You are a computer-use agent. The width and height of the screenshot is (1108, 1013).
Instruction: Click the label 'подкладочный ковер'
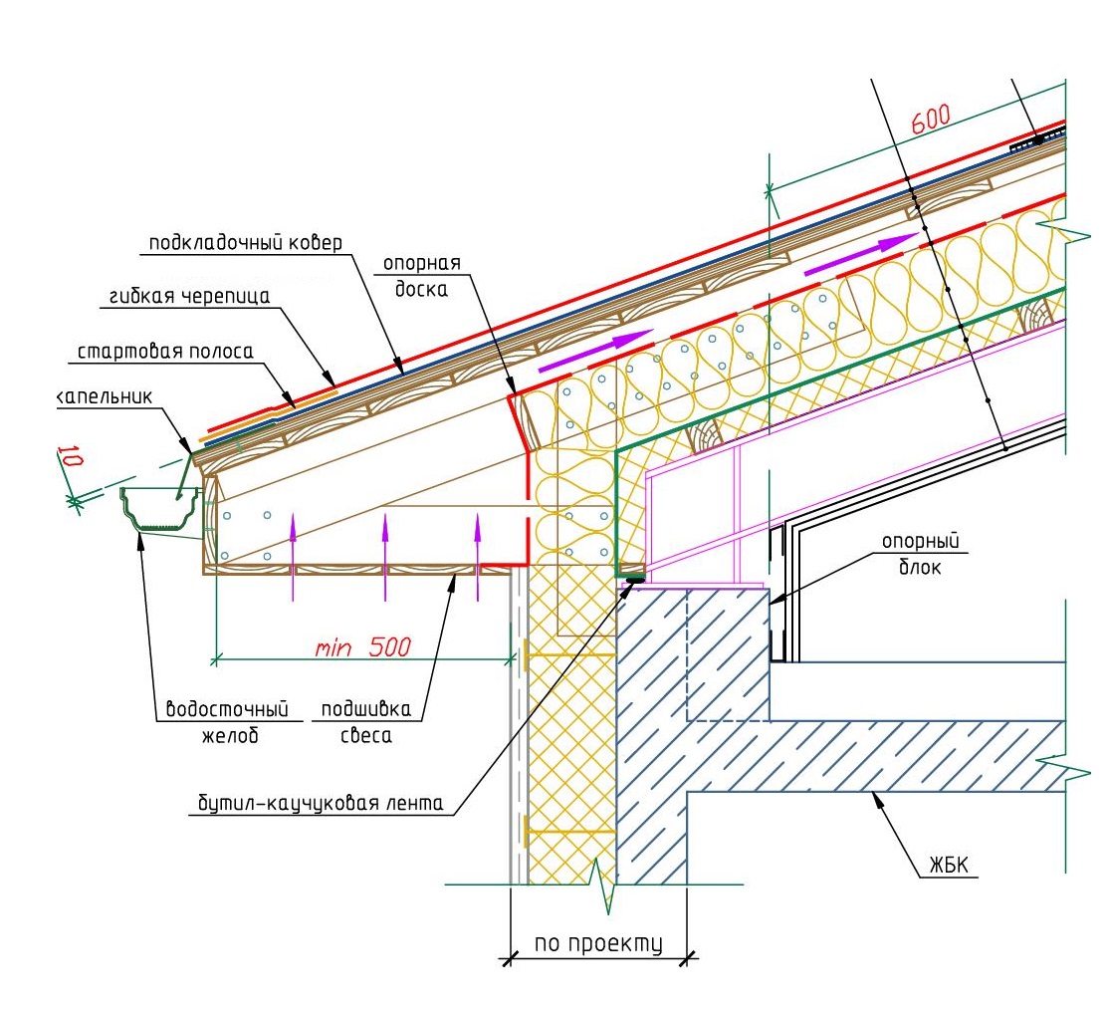point(245,243)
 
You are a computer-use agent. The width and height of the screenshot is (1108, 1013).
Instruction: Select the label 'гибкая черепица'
point(189,296)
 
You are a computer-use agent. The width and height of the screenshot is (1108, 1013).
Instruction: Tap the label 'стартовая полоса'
point(164,352)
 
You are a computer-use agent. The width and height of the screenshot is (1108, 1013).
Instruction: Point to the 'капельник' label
point(105,396)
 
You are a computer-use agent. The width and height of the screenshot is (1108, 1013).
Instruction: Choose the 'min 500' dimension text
point(362,646)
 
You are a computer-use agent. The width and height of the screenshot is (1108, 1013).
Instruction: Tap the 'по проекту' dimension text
point(598,943)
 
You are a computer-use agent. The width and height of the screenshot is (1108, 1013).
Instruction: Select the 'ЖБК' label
point(949,865)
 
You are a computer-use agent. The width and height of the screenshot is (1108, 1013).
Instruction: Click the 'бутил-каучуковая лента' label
point(321,803)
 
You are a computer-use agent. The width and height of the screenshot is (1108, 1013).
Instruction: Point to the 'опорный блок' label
point(921,554)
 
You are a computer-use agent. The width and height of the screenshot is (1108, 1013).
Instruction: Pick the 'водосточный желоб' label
point(228,722)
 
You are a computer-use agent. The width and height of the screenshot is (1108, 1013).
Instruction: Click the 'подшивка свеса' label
point(366,722)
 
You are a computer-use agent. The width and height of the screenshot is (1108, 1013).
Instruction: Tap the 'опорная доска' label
point(422,276)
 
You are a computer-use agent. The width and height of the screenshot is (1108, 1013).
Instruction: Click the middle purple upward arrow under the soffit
point(385,558)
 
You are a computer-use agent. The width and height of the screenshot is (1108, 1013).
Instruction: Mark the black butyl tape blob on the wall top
point(634,580)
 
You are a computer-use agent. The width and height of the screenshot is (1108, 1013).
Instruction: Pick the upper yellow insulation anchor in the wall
point(569,656)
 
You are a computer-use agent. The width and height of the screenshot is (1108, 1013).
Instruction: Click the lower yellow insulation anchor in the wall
point(569,832)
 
